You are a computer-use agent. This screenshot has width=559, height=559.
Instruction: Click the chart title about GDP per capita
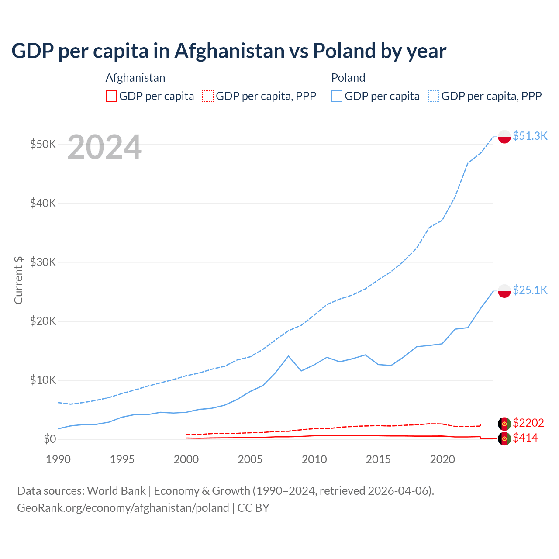tap(229, 51)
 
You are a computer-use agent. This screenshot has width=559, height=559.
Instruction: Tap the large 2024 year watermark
tap(104, 147)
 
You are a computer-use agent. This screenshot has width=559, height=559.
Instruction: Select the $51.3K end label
tap(530, 136)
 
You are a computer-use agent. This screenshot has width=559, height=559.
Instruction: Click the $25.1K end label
tap(530, 290)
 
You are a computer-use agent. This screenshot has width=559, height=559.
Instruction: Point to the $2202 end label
tap(528, 423)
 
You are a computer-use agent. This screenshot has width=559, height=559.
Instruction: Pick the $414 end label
tap(525, 438)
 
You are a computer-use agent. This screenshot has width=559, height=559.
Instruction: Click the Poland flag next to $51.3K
tap(504, 137)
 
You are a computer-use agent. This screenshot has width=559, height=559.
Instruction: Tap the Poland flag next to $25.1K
tap(504, 291)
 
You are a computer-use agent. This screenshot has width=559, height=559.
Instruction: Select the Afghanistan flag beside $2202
tap(504, 424)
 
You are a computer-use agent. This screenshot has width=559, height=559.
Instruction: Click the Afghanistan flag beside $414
tap(504, 439)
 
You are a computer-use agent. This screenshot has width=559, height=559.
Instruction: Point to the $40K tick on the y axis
tap(43, 203)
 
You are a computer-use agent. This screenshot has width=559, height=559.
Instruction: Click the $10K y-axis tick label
tap(43, 380)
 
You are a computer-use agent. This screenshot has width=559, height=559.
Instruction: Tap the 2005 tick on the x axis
tap(250, 459)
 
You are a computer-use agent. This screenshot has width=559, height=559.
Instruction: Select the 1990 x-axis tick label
tap(58, 459)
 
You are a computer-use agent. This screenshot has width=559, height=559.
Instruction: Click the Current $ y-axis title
tap(18, 280)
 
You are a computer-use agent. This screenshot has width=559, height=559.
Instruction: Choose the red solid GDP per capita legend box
tap(111, 96)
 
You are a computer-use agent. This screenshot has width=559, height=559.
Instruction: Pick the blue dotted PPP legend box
tap(434, 96)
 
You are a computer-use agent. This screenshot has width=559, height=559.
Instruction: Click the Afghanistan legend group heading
tap(135, 78)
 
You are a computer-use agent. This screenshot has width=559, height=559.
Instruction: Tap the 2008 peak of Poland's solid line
tap(288, 356)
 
